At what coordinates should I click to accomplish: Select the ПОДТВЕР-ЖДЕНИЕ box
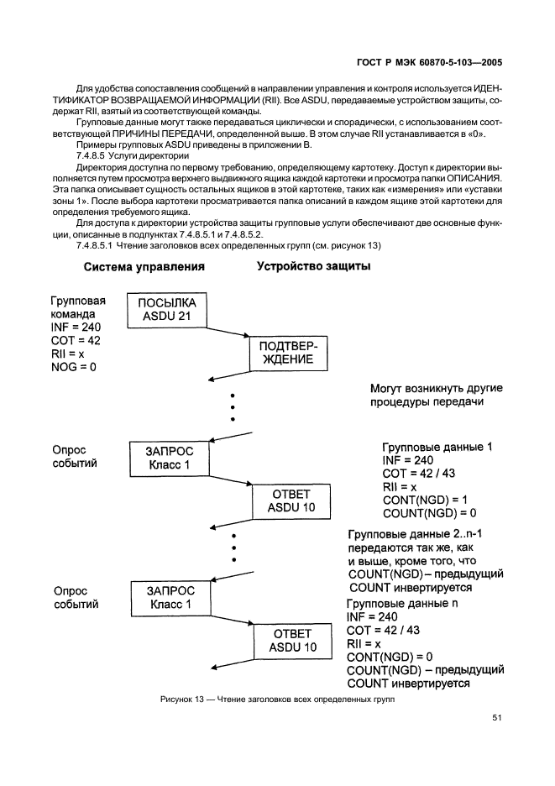286,354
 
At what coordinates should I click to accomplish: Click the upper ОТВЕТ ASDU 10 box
287,500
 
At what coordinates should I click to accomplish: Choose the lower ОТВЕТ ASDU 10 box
287,640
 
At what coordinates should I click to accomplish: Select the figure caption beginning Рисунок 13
278,698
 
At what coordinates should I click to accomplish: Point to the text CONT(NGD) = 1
425,500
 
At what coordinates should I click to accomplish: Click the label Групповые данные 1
437,448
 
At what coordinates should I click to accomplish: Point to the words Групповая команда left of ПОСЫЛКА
78,307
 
